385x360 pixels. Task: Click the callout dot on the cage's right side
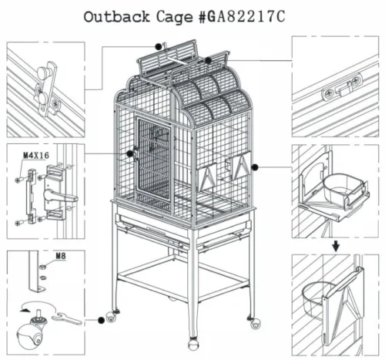(x=255, y=166)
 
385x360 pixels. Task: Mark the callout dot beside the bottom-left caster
(x=102, y=317)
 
